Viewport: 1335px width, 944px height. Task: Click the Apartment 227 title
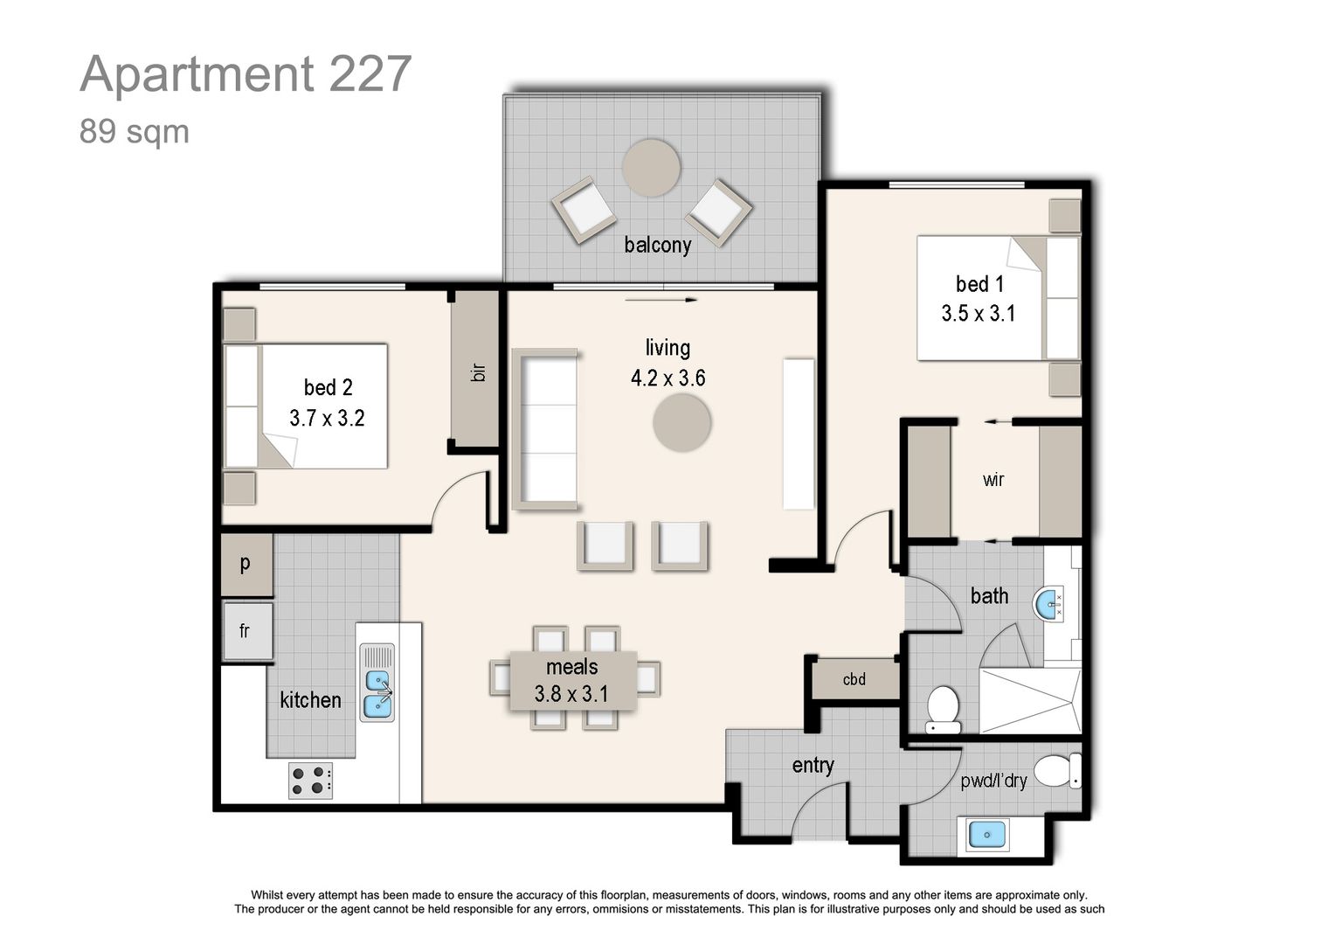pos(246,73)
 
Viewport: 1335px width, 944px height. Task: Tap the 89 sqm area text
pos(134,132)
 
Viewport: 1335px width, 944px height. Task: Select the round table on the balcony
pos(651,168)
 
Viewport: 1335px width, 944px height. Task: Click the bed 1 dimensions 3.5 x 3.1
pos(978,314)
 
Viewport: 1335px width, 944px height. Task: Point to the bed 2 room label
pos(328,387)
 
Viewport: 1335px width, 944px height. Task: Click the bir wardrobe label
pos(477,372)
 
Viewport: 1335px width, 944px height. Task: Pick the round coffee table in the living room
pos(681,423)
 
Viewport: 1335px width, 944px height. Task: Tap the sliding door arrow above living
pos(661,300)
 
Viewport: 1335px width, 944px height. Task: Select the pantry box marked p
pos(246,564)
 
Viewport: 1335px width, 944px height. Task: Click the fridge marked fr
pos(246,630)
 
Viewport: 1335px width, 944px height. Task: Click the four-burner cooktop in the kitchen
pos(311,781)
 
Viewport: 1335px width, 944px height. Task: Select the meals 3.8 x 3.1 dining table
pos(573,681)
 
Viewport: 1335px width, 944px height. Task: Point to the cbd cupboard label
pos(854,679)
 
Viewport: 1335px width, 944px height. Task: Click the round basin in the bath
pos(1049,604)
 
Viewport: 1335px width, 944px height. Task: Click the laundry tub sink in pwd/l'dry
pos(986,836)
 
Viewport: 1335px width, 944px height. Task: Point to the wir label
pos(993,480)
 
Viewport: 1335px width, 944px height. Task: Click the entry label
pos(813,766)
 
